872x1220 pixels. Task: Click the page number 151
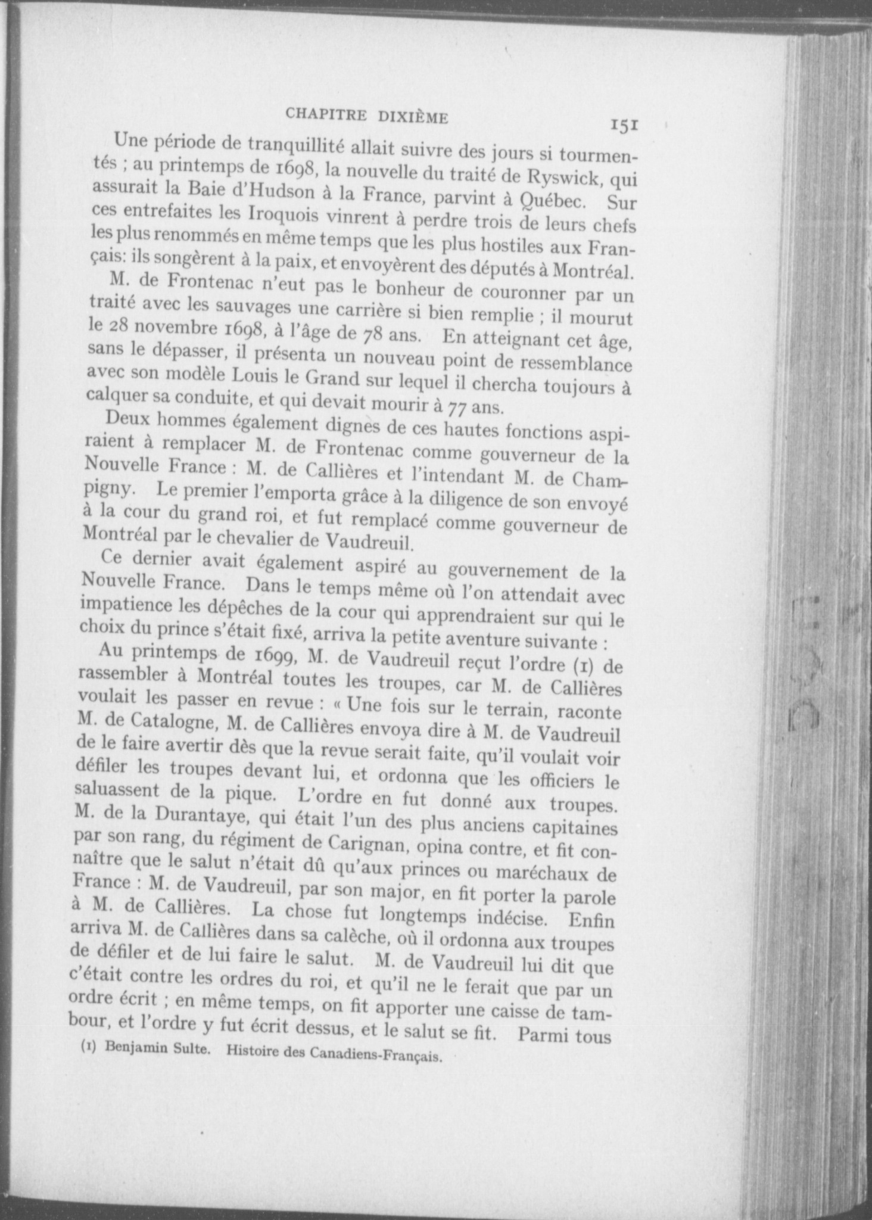(x=624, y=125)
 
